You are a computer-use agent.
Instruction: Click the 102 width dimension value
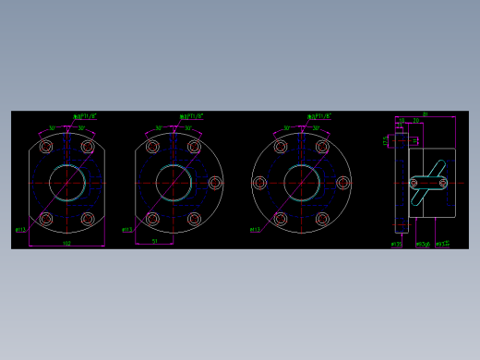[x=66, y=243]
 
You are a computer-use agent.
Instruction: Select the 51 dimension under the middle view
[x=154, y=241]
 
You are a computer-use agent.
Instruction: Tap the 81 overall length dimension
[x=425, y=114]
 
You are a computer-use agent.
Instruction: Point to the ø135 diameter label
[x=397, y=245]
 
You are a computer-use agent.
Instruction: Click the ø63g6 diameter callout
[x=423, y=245]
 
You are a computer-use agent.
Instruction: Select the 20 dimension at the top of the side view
[x=416, y=121]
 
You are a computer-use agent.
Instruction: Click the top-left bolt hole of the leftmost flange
[x=45, y=147]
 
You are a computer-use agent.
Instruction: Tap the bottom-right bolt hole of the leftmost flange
[x=88, y=219]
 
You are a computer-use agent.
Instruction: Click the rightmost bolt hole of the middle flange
[x=215, y=183]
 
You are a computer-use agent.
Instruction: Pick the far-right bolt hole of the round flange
[x=343, y=183]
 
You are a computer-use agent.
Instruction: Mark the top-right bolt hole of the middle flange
[x=194, y=147]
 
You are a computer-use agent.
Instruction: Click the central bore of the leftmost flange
[x=66, y=183]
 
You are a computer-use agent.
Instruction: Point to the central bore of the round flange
[x=301, y=183]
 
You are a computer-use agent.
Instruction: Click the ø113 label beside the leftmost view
[x=20, y=229]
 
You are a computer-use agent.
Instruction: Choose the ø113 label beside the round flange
[x=255, y=230]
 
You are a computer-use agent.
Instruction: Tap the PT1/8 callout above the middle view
[x=191, y=117]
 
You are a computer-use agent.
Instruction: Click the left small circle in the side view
[x=414, y=184]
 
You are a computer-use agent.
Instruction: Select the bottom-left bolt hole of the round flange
[x=281, y=219]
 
